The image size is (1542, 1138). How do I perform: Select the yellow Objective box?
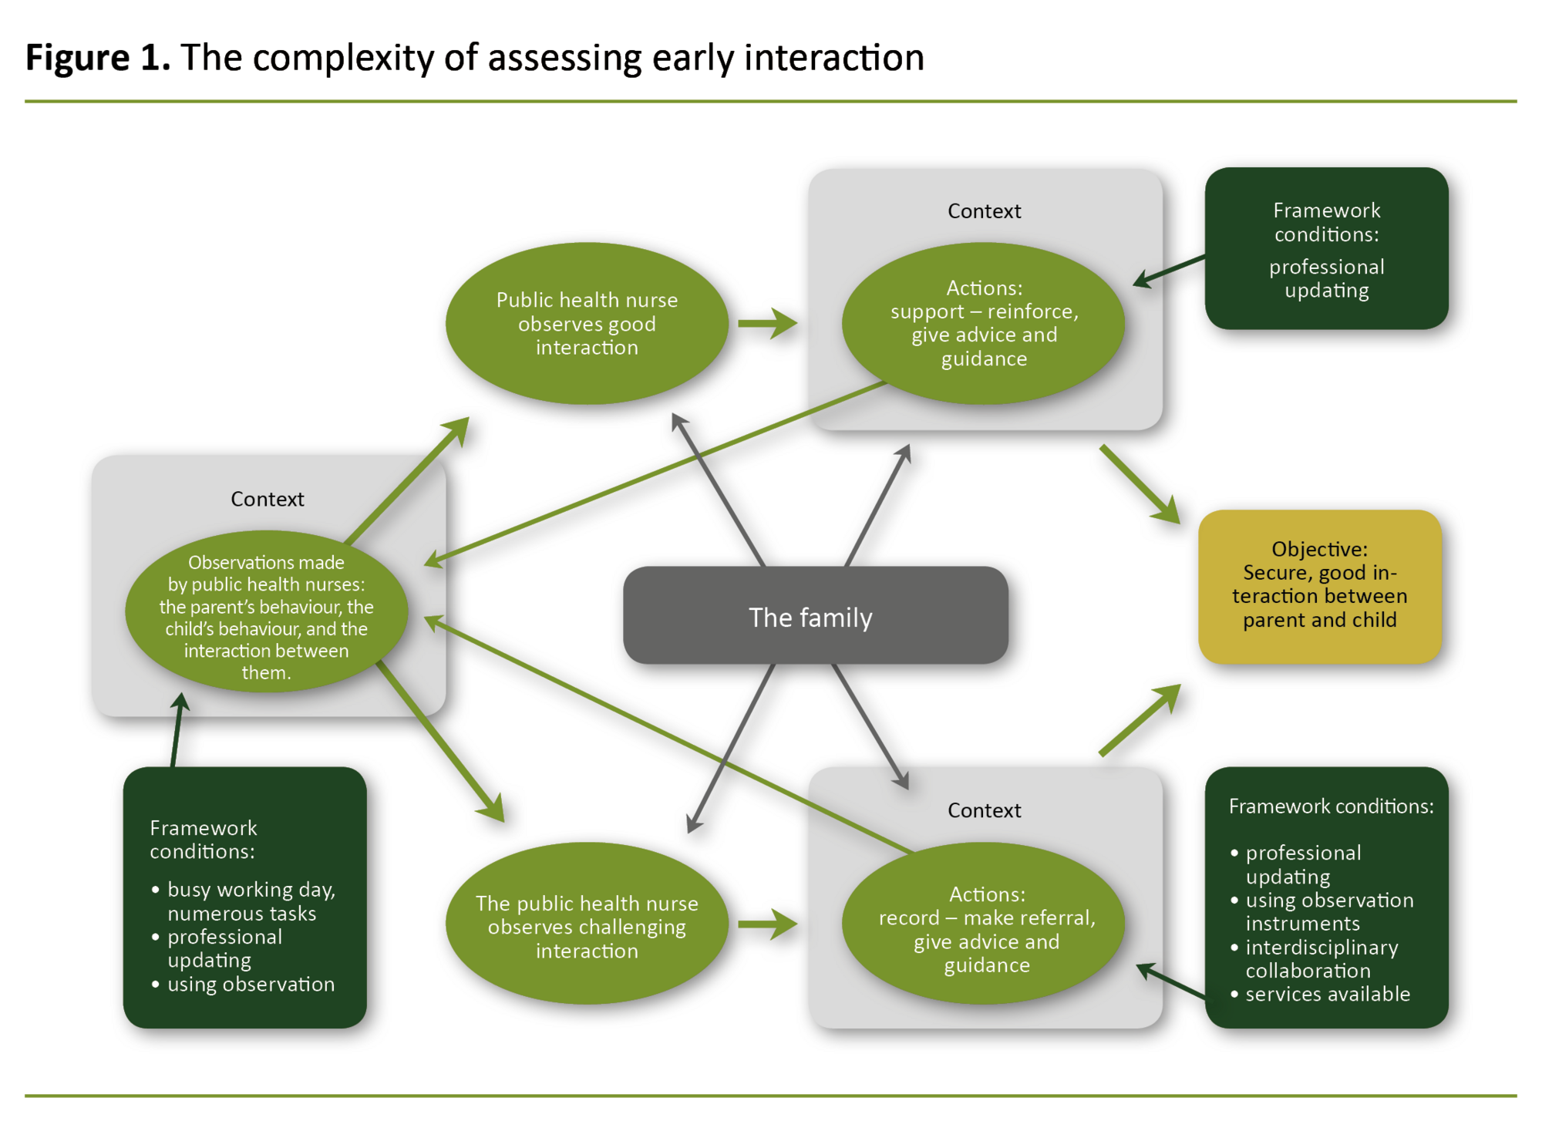[1319, 586]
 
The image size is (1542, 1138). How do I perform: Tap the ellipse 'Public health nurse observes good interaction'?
[587, 323]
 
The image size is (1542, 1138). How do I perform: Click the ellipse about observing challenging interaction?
[587, 925]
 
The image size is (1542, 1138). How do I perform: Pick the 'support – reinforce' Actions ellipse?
[983, 323]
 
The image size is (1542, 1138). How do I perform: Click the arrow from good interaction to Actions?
[767, 323]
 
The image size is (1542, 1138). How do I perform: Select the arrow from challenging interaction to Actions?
[767, 924]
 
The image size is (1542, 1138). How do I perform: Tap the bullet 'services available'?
[1327, 994]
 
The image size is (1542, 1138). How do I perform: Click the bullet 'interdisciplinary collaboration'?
[1321, 958]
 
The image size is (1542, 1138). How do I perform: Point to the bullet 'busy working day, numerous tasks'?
[251, 901]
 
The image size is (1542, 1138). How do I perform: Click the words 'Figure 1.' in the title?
[98, 58]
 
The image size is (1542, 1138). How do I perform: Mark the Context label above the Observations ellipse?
[268, 499]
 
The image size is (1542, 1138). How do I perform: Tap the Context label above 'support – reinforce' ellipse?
[984, 210]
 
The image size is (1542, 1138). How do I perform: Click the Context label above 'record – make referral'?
[984, 810]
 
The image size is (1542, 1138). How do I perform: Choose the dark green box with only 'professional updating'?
[1326, 248]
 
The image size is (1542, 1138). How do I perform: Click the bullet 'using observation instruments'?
[1329, 911]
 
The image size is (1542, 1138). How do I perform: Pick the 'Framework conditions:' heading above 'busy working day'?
[203, 839]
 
